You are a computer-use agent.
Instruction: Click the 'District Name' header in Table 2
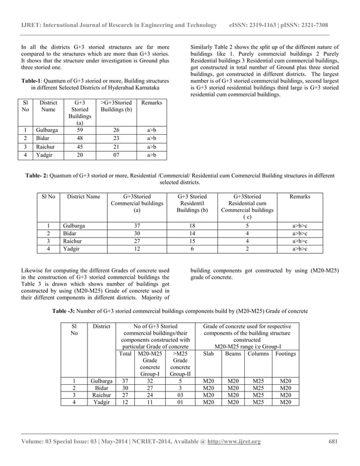pos(83,196)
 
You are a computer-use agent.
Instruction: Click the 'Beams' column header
pos(232,354)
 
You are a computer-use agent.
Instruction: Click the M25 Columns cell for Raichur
pos(258,395)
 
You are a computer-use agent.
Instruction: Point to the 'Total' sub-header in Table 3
pos(123,354)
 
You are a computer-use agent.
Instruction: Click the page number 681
pos(332,441)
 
